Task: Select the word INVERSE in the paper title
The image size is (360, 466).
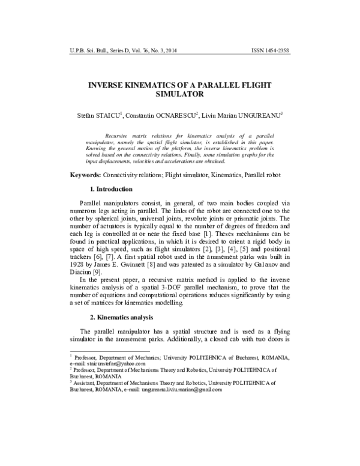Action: point(100,85)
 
